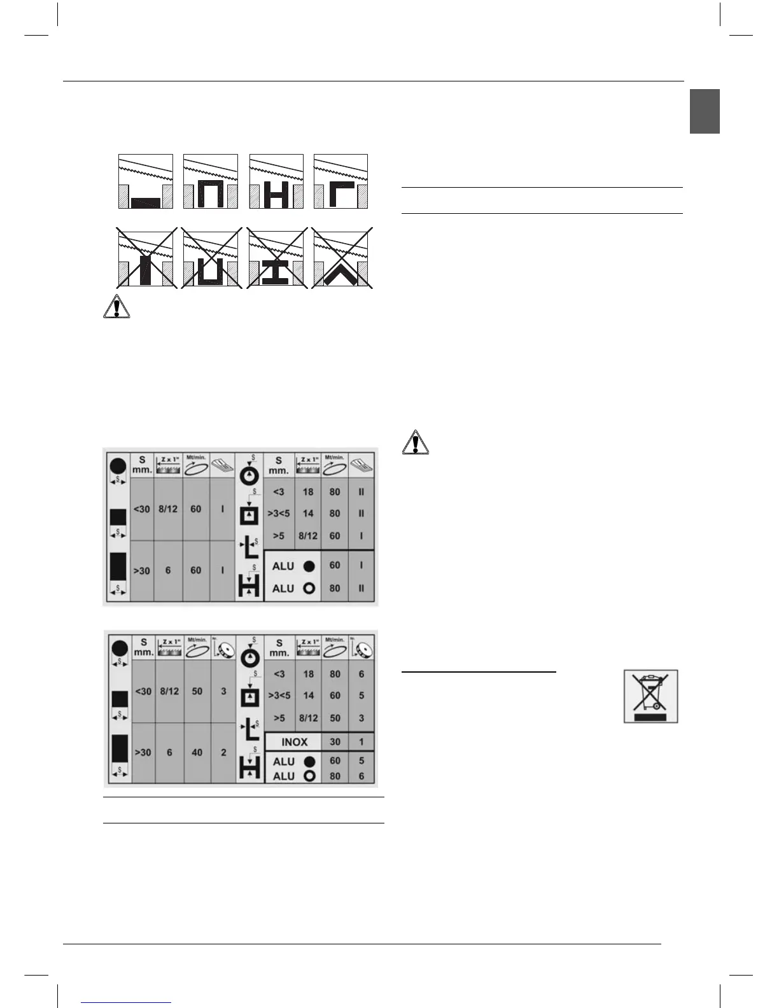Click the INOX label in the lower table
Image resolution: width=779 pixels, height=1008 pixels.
[294, 742]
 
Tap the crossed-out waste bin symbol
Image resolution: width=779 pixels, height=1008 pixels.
[650, 696]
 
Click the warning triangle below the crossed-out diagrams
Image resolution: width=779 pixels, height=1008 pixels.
[116, 308]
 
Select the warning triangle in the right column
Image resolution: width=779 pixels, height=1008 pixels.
[415, 442]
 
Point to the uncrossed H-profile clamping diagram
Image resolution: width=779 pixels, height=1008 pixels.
[276, 181]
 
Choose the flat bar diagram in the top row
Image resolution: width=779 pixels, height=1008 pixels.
[146, 181]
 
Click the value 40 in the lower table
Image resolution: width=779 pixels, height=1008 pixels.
[197, 752]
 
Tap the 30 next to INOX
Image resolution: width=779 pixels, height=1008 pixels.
[335, 742]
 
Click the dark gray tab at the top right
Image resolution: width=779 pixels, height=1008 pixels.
[705, 111]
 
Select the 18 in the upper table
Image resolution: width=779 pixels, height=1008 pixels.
[308, 492]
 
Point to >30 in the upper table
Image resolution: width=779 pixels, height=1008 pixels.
[141, 571]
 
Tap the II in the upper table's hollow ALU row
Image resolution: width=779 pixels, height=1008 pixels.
[361, 589]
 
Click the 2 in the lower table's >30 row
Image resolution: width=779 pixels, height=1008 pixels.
[223, 752]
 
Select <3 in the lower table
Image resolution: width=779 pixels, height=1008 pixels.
[279, 674]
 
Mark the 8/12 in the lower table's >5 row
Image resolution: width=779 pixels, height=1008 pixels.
[308, 718]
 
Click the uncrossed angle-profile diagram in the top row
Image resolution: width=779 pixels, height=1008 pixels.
[341, 181]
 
